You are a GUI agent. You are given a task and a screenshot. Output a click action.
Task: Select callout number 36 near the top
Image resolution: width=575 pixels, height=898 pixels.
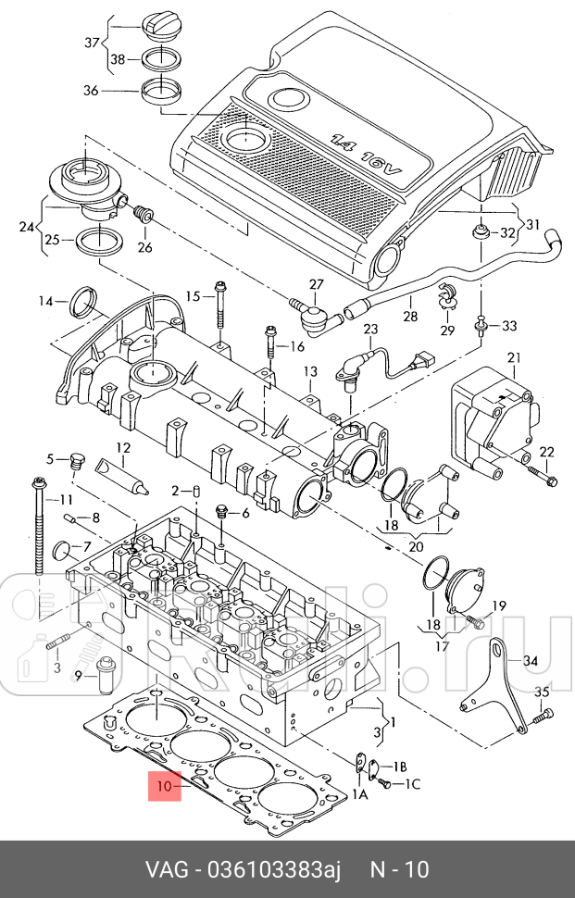pos(90,91)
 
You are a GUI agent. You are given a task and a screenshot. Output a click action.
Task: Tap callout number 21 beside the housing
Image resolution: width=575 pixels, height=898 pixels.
pos(514,357)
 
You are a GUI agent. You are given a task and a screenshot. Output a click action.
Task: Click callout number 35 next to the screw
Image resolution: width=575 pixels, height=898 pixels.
pos(543,692)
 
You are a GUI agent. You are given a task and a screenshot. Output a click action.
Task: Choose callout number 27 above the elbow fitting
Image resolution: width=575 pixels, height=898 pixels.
pos(317,284)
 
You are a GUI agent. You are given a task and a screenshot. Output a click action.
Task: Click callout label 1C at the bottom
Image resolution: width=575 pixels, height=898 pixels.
pos(413,784)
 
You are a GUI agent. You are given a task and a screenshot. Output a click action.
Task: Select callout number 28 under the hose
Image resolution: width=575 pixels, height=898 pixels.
pos(409,317)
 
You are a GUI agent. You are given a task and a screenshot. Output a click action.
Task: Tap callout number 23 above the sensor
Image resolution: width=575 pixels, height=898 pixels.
pos(370,329)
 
